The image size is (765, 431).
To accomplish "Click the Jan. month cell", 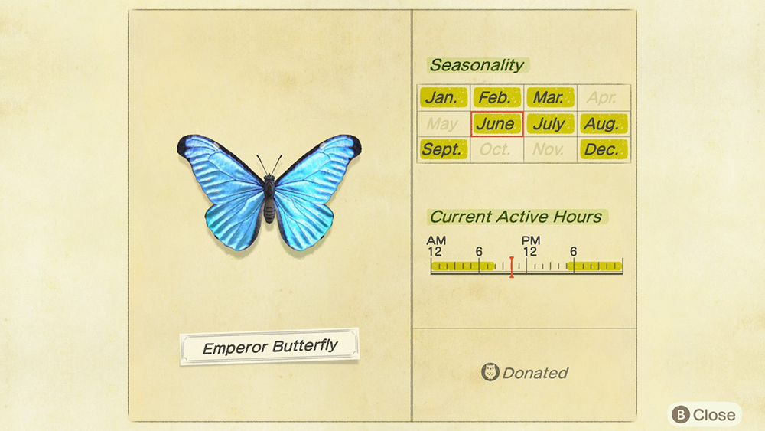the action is [443, 98].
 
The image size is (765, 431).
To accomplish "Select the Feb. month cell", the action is [496, 98].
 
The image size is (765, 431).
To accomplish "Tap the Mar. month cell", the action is [550, 98].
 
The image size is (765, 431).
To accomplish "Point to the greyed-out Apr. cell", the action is [604, 98].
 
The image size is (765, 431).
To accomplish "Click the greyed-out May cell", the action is [443, 124].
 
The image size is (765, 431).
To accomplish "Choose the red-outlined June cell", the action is [496, 124].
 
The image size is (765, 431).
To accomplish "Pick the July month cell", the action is [550, 124].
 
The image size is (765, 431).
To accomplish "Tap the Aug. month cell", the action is [604, 124].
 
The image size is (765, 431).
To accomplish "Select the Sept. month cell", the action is [443, 149].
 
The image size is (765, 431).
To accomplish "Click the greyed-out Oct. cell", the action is [496, 149].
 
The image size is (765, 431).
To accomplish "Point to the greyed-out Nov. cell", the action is [550, 149].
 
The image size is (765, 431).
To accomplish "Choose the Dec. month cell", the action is [604, 149].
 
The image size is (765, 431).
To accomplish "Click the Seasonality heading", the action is [477, 65].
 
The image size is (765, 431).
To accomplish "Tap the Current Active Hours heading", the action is [516, 217].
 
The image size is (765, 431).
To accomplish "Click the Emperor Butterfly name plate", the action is [269, 347].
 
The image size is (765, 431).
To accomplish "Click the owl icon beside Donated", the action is [490, 372].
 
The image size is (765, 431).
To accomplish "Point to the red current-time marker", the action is [511, 267].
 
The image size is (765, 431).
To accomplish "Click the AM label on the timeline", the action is [436, 240].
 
